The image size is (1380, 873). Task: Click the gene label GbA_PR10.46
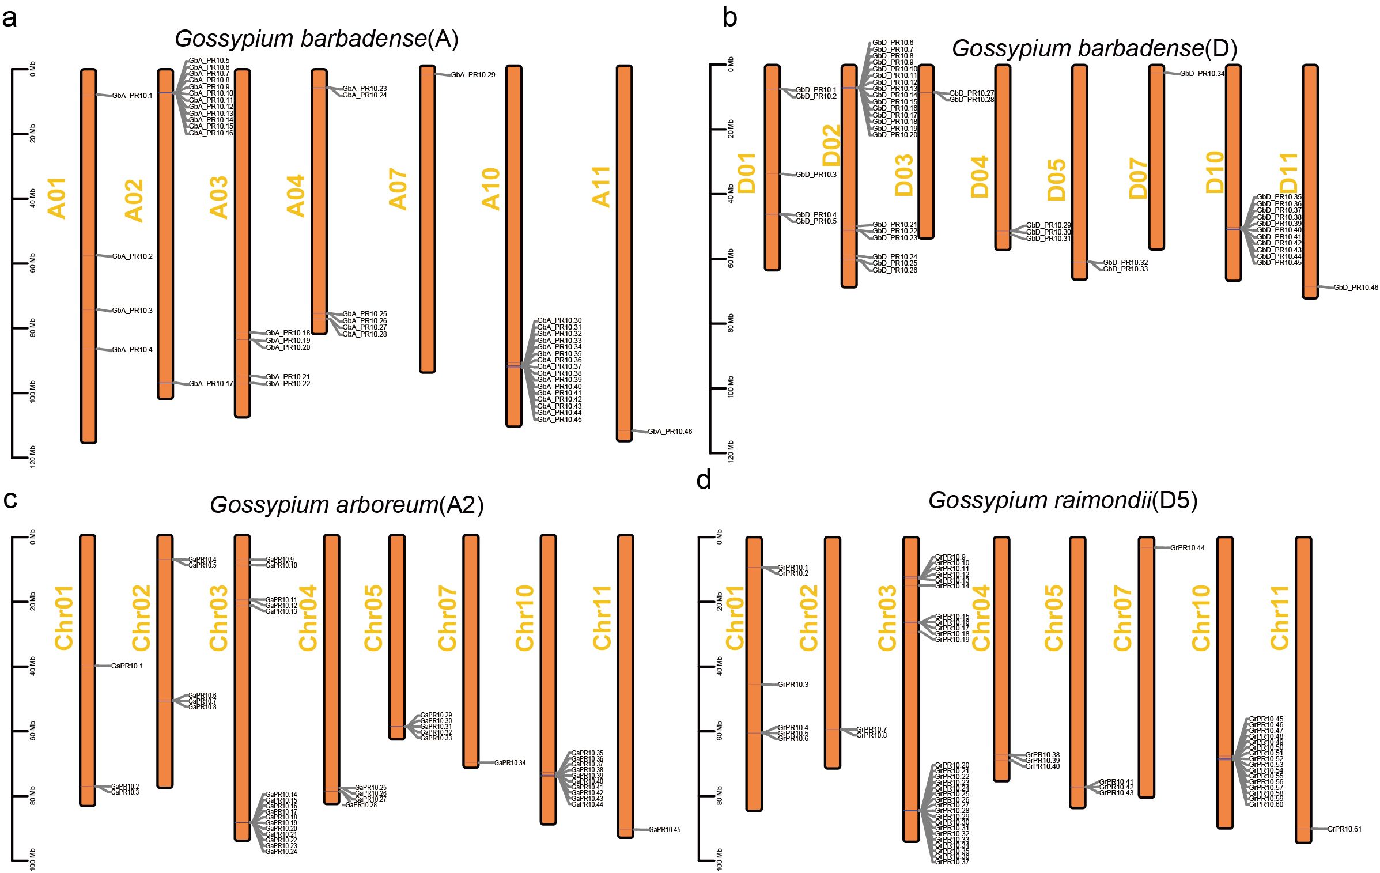(x=670, y=432)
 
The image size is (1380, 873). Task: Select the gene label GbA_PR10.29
(x=472, y=75)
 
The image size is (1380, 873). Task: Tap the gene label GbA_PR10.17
(x=211, y=384)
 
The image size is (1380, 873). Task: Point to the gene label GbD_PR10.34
(x=1202, y=74)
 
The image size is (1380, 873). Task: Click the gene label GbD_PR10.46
(x=1356, y=288)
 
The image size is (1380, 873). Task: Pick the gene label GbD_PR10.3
(x=816, y=175)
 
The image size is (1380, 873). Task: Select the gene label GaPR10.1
(x=127, y=666)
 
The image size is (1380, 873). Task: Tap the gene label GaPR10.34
(x=510, y=763)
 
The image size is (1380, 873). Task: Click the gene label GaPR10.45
(x=664, y=830)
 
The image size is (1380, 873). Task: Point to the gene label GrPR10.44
(x=1188, y=548)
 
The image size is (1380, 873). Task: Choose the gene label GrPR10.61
(x=1344, y=829)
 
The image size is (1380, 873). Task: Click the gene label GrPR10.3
(x=793, y=685)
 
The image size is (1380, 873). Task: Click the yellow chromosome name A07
(x=398, y=189)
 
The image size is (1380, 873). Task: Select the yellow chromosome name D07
(x=1138, y=179)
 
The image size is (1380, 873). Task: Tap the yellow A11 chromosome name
(x=601, y=186)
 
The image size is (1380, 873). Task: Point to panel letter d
(x=704, y=479)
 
